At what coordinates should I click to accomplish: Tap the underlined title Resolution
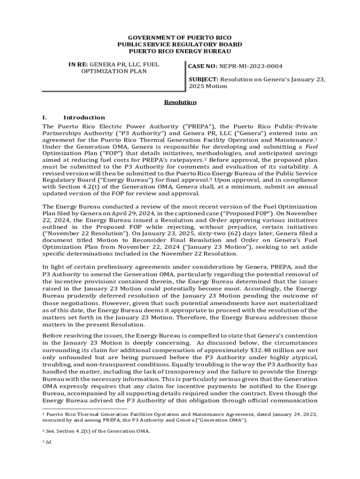pyautogui.click(x=180, y=102)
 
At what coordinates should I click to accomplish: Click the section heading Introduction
pyautogui.click(x=84, y=117)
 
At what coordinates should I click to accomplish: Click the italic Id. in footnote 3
pyautogui.click(x=49, y=442)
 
